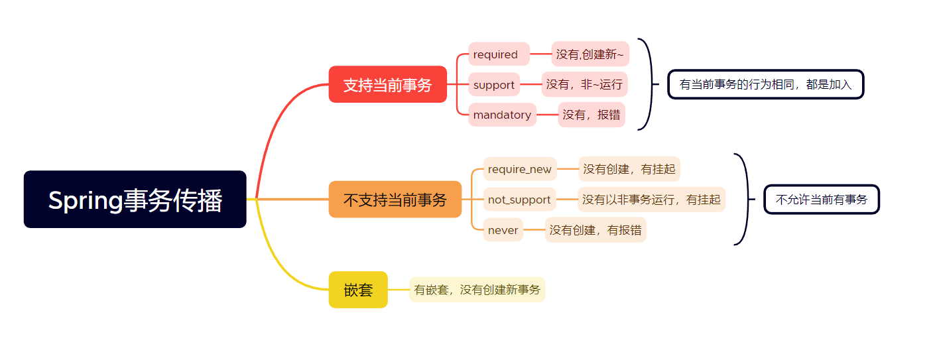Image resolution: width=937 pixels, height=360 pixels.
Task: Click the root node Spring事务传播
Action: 135,200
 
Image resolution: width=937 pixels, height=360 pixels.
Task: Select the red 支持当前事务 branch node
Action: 387,85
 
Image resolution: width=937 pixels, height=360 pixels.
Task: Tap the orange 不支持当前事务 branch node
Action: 395,200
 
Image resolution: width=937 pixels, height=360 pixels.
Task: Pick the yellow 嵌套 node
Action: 358,290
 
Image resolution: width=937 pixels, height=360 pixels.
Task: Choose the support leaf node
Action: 494,85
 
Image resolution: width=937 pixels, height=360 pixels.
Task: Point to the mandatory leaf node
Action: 502,115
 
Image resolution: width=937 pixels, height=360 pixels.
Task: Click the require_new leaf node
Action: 520,169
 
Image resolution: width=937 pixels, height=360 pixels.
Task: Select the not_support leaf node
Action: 519,200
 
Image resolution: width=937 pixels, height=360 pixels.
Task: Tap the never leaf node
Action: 503,230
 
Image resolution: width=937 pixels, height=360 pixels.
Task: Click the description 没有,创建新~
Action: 590,54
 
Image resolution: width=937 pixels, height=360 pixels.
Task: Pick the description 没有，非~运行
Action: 584,85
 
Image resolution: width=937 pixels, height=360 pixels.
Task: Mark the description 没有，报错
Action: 592,115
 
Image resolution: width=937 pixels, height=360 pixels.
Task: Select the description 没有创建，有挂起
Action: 629,169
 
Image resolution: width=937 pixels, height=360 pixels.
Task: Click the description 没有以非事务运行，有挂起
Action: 651,200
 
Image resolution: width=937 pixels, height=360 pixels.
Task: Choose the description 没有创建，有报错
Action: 595,230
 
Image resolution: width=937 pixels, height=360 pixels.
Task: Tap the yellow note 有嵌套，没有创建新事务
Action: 477,290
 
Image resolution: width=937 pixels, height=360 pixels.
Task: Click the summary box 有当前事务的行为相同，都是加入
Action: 765,84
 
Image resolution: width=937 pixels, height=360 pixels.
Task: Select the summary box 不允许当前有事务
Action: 822,200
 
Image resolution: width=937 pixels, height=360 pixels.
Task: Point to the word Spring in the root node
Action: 86,200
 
